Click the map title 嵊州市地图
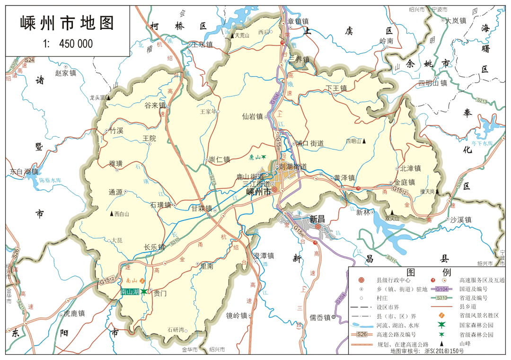point(67,23)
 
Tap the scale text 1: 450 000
point(68,44)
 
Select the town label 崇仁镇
point(219,159)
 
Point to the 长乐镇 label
point(154,247)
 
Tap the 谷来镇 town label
point(155,105)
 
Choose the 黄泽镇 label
point(344,178)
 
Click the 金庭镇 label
point(404,182)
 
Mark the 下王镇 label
point(336,88)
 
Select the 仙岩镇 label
point(252,116)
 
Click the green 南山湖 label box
point(130,292)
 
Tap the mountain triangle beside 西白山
point(112,214)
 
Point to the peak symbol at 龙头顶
point(108,97)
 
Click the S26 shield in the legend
point(362,334)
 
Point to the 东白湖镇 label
point(24,171)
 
